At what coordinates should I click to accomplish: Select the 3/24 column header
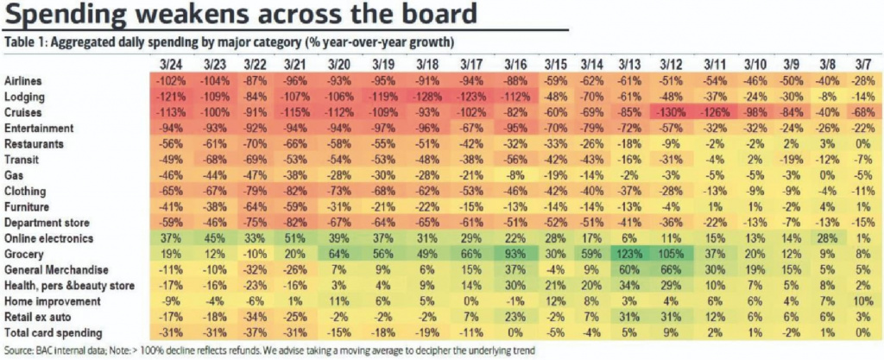[x=172, y=63]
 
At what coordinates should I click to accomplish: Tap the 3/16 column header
[x=515, y=63]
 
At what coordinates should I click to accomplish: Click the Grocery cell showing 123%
[x=628, y=254]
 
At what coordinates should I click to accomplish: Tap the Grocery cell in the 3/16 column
[x=515, y=254]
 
